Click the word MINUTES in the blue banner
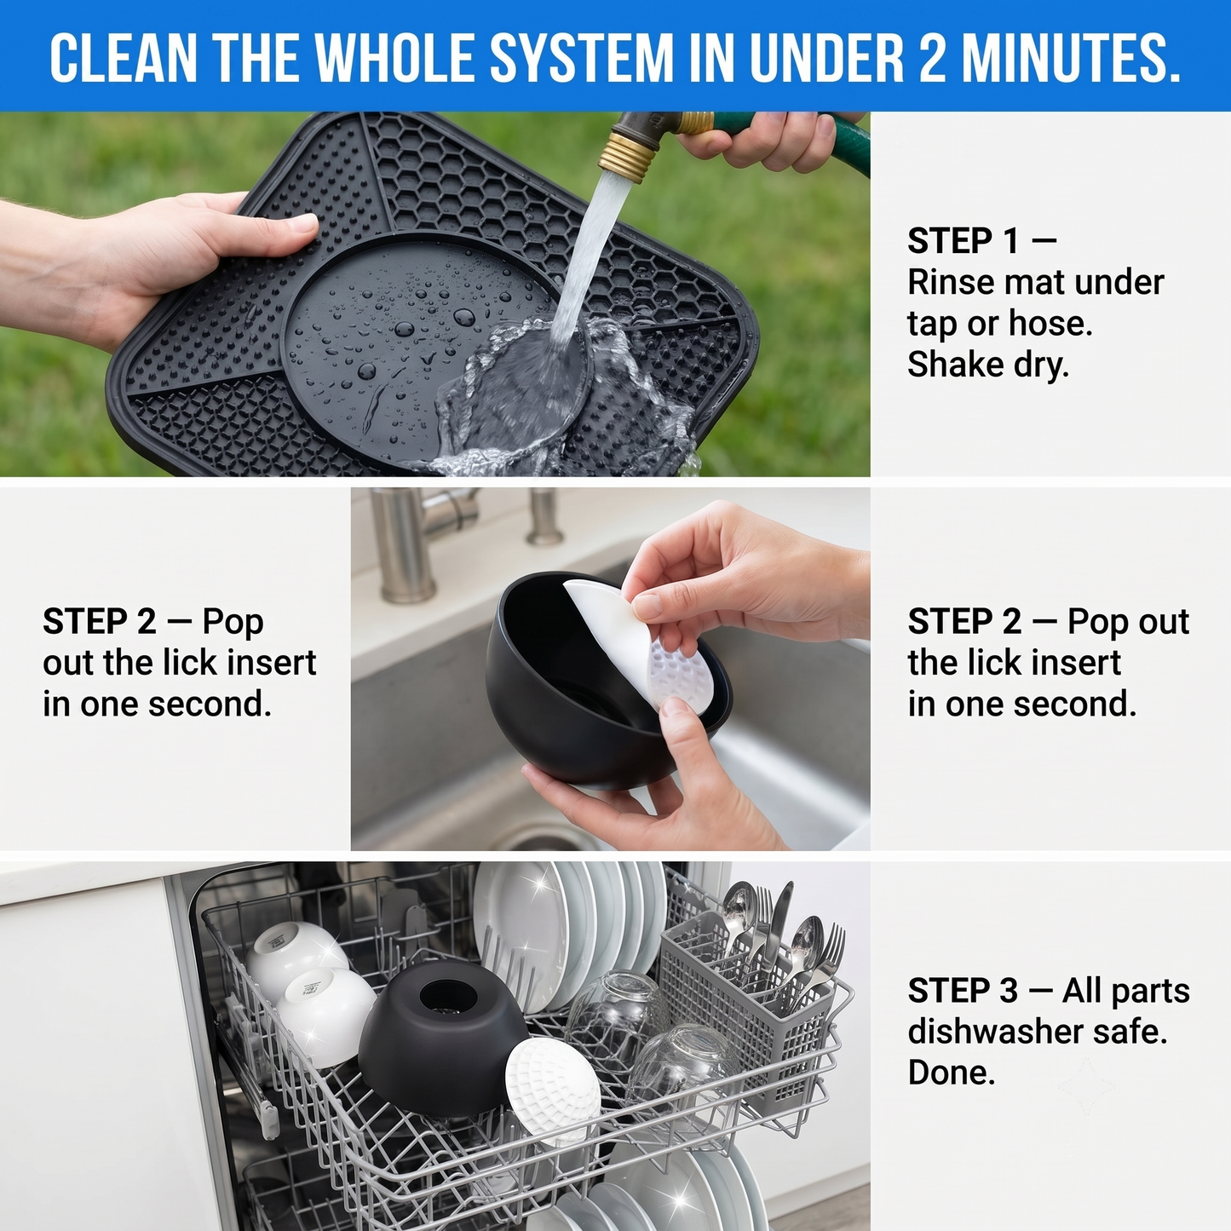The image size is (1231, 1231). coord(1071,58)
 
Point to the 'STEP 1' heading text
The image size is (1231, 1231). coord(963,241)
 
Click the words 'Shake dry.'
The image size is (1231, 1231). coord(987,365)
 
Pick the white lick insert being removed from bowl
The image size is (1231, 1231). coord(645,653)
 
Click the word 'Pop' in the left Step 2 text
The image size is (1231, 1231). coord(233,622)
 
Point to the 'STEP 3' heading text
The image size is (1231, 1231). coord(963,991)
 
